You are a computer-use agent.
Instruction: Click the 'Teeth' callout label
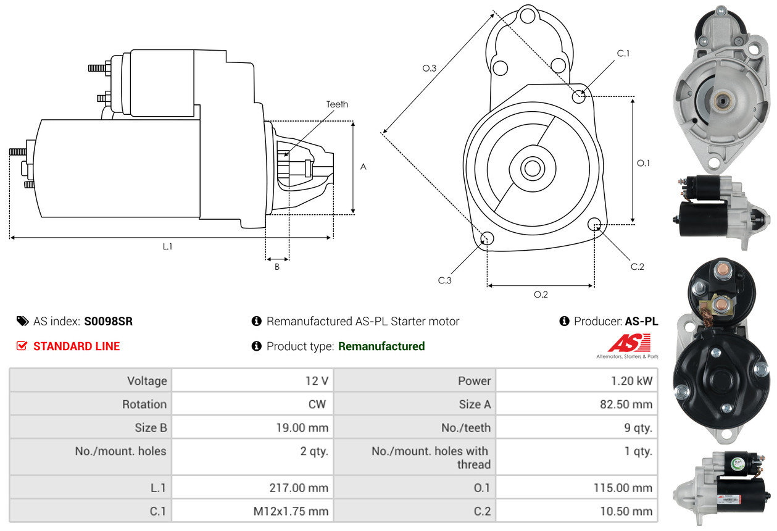[x=337, y=104]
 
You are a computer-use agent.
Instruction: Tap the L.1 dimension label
[x=167, y=246]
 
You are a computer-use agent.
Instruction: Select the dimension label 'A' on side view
[x=363, y=167]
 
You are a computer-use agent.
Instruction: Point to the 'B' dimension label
[x=277, y=267]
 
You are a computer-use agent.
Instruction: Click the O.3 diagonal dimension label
[x=430, y=69]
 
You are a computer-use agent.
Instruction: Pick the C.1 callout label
[x=623, y=53]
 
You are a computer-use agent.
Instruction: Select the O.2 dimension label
[x=541, y=295]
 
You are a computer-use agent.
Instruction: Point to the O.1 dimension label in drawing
[x=643, y=163]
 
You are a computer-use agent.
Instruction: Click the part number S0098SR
[x=108, y=321]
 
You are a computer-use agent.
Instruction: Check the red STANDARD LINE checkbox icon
[x=22, y=346]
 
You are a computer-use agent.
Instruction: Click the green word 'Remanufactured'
[x=381, y=346]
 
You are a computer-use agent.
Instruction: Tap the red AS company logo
[x=629, y=343]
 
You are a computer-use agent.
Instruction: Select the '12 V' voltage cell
[x=316, y=381]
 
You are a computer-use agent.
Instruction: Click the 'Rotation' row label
[x=144, y=404]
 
